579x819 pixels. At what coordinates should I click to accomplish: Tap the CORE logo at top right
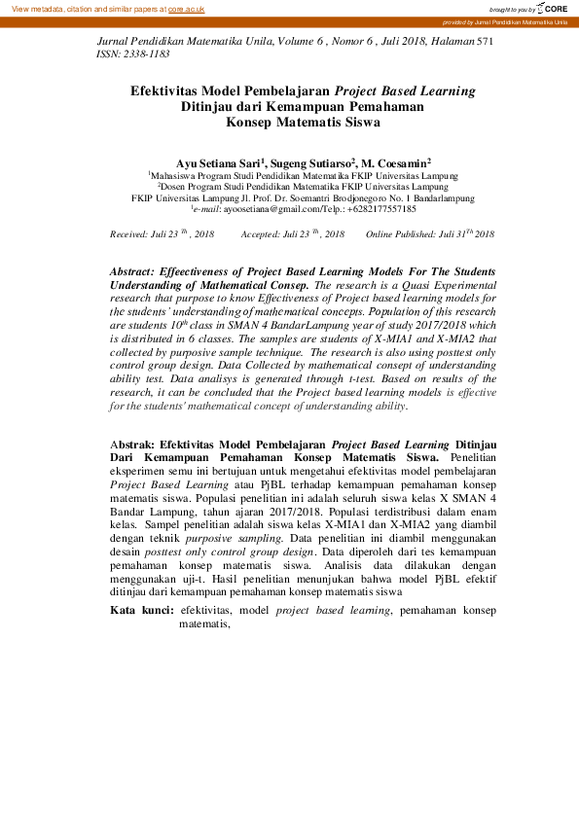pos(554,8)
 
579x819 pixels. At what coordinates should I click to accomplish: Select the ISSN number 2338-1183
pos(151,55)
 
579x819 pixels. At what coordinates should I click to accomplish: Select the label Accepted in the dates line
pos(259,234)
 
